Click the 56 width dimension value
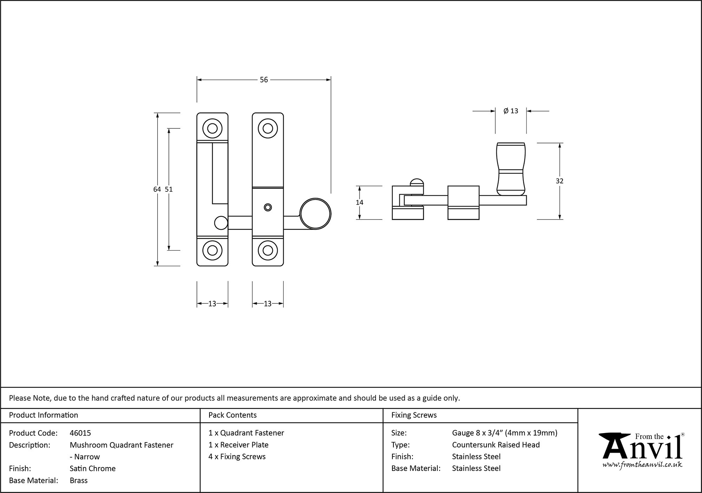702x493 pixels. pos(264,80)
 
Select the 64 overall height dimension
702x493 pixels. pos(157,189)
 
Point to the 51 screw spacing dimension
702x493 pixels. pos(169,189)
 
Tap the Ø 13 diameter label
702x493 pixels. pos(511,111)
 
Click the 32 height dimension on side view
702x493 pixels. pos(559,181)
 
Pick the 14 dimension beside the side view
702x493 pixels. pos(359,202)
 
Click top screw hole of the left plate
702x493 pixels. pos(212,128)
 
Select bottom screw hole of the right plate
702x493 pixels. pos(268,250)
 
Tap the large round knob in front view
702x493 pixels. pos(316,214)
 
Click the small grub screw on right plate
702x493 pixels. pos(268,207)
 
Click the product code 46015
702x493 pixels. pos(80,433)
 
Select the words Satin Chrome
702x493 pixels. pos(93,468)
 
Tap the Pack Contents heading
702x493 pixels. pos(232,415)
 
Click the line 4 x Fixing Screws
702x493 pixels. pos(237,457)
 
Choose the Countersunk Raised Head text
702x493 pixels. pos(496,445)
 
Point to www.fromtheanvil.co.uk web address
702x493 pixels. pos(642,465)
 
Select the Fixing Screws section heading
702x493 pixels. pos(414,415)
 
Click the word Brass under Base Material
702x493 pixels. pos(79,480)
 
